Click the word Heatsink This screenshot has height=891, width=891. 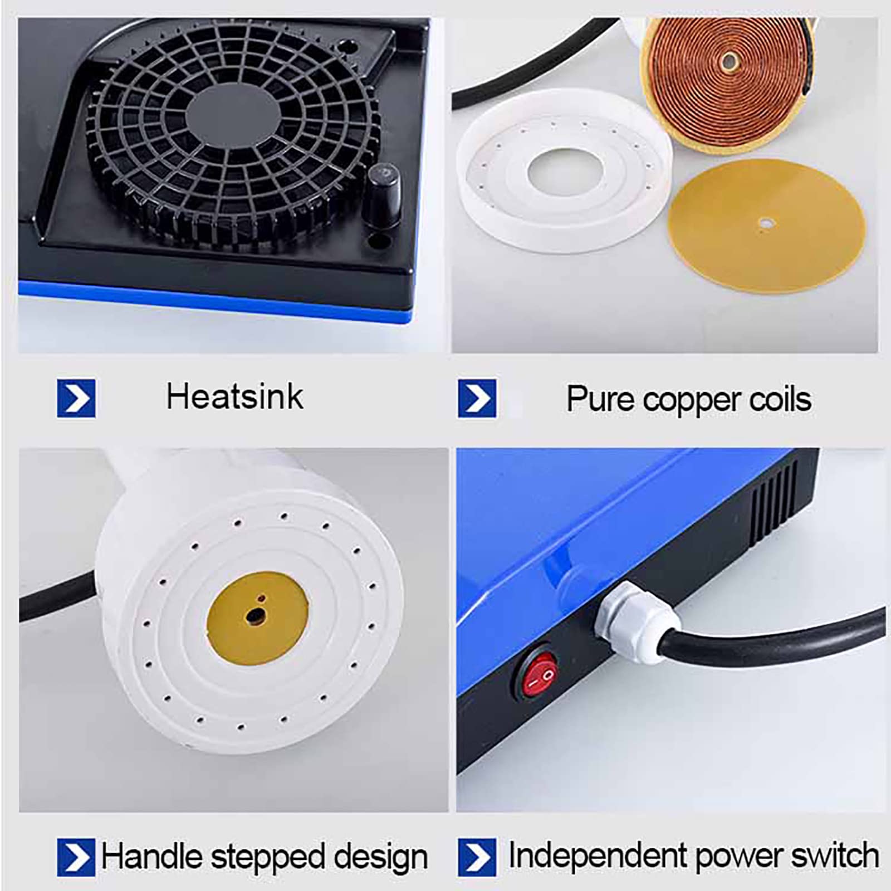tap(234, 397)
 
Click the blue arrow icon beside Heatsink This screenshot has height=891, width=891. tap(76, 398)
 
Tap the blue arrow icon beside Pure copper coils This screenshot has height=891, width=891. tap(477, 398)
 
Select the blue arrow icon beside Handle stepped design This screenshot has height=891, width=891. tap(76, 857)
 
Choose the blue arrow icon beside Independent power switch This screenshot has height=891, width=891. tap(477, 857)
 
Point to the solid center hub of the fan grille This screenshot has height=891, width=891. tap(233, 118)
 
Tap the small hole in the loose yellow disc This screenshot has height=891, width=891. tap(766, 224)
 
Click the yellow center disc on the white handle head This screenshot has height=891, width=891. tap(258, 618)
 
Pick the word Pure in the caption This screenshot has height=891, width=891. tap(600, 399)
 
